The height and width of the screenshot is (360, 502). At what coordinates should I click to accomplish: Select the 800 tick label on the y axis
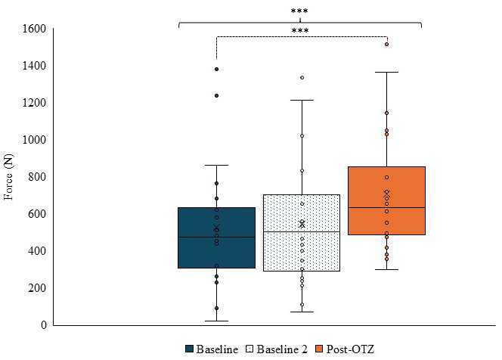point(39,177)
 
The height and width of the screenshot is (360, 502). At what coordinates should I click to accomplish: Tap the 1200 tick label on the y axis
point(36,103)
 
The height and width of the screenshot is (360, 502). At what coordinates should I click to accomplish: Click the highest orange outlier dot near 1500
point(386,44)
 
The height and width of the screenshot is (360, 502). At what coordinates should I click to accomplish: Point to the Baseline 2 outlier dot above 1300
point(302,77)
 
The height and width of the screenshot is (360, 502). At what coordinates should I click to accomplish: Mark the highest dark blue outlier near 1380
point(216,69)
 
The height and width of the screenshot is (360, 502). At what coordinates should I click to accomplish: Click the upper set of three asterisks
point(299,11)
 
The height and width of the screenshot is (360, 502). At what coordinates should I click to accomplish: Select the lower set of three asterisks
point(299,30)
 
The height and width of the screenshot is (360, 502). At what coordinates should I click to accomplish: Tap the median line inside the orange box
point(386,207)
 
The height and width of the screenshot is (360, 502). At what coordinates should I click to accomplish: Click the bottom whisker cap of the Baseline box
point(216,321)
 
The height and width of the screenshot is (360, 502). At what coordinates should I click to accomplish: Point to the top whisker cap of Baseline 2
point(302,100)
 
